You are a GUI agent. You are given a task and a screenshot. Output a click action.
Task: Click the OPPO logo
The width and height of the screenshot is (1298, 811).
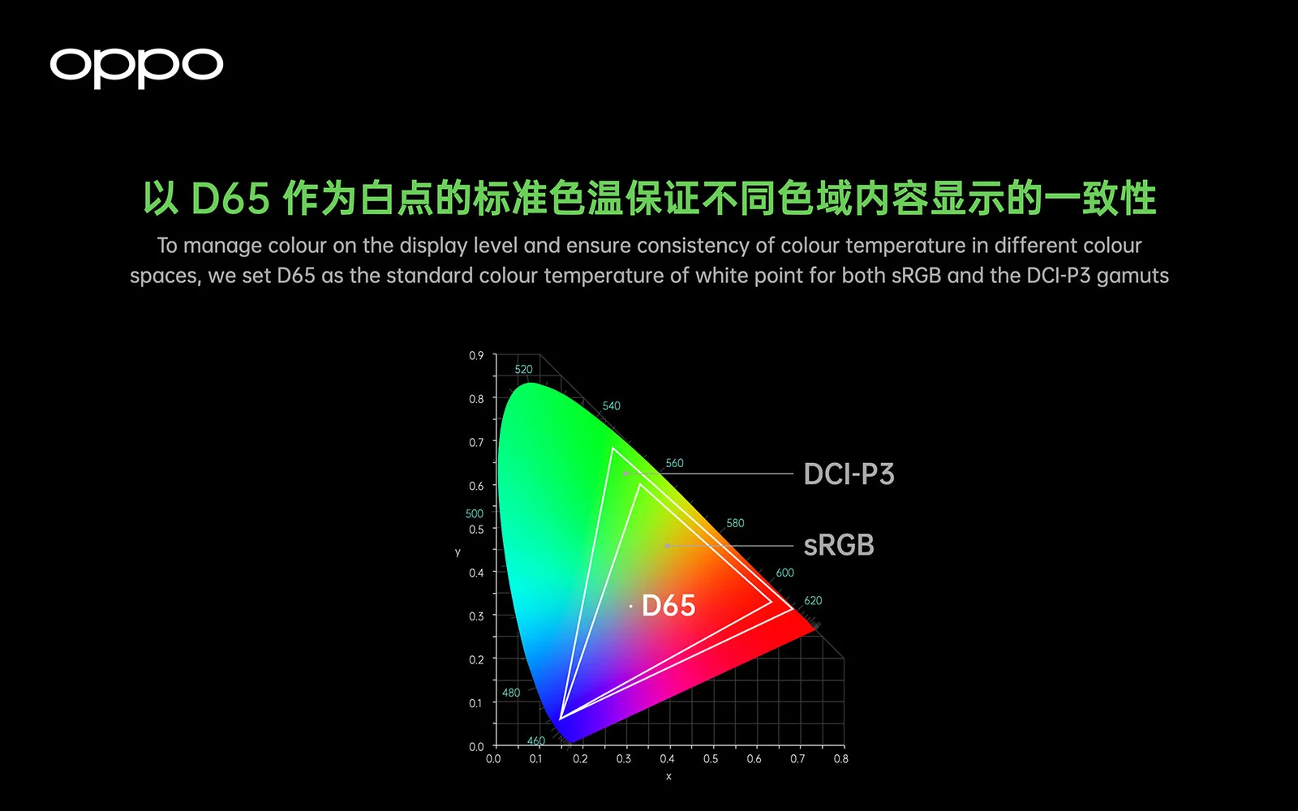click(136, 68)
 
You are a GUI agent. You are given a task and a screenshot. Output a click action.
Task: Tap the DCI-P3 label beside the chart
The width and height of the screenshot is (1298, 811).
click(849, 474)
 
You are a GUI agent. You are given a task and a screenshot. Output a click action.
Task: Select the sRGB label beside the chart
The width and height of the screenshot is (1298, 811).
click(839, 545)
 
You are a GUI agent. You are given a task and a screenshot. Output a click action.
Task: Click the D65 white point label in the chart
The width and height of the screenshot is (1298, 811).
click(668, 605)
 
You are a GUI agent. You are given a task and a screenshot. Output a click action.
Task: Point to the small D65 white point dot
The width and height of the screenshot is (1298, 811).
click(630, 606)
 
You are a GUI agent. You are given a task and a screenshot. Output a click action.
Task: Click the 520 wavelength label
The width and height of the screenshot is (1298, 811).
click(523, 369)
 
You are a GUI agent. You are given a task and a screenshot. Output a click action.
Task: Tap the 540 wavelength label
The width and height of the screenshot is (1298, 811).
click(612, 405)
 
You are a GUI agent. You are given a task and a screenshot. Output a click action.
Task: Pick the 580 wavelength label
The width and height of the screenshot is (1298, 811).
click(735, 523)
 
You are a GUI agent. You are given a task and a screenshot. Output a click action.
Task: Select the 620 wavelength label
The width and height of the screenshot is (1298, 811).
click(812, 601)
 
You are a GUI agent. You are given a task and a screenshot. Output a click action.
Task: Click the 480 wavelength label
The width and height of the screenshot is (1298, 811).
click(510, 693)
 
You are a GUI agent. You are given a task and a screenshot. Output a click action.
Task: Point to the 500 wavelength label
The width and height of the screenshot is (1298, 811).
click(474, 514)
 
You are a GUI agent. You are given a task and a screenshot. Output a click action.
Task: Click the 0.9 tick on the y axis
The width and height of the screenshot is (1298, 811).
click(476, 356)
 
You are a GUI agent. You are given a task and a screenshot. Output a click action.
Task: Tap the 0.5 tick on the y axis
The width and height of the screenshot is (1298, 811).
click(476, 530)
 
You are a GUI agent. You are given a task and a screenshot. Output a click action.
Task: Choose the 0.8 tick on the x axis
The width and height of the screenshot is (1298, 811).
click(840, 759)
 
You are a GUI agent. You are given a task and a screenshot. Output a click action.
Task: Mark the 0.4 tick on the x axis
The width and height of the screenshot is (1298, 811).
click(667, 759)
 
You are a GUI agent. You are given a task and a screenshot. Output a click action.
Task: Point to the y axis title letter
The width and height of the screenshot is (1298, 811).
click(458, 552)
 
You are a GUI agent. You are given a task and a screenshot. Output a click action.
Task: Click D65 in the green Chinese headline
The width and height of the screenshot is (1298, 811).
click(230, 198)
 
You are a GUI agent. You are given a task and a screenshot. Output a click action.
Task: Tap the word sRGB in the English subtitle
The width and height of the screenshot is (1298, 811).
click(916, 276)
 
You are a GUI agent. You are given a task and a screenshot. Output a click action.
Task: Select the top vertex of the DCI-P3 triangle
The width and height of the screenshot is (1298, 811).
click(612, 448)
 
